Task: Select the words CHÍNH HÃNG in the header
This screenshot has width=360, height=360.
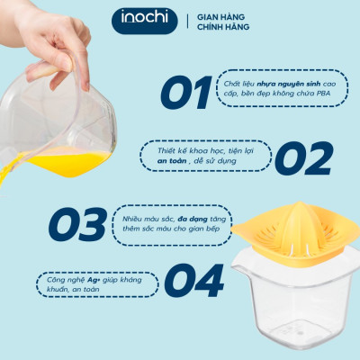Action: coord(224,28)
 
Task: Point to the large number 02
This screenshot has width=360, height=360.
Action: coord(302,158)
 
